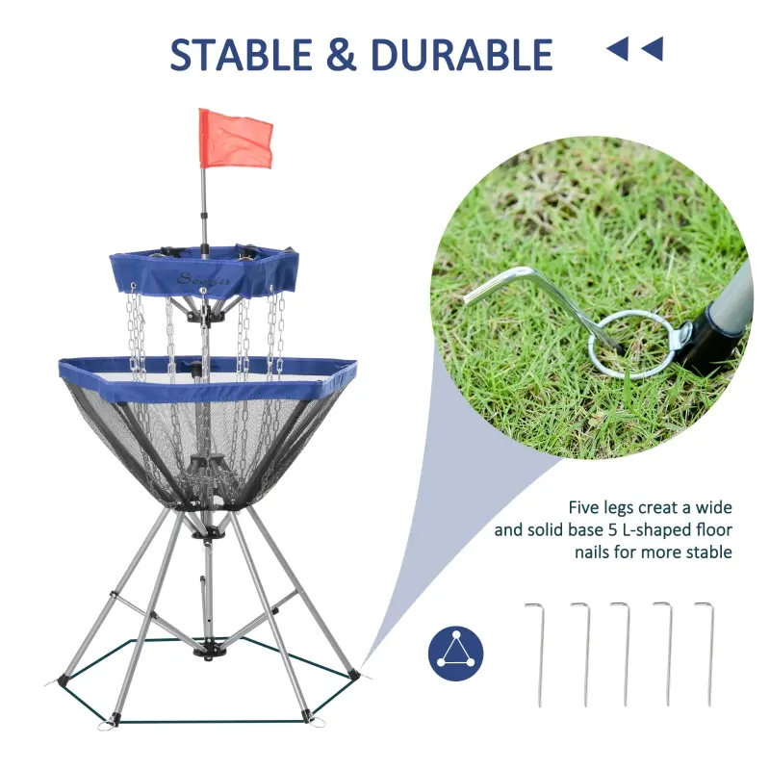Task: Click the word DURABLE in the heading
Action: coord(461,55)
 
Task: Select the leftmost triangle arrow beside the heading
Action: coord(617,47)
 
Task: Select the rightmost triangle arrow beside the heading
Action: coord(653,47)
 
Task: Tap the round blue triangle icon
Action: coord(455,652)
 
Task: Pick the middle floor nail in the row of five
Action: coord(623,654)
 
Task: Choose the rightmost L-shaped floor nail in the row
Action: coord(707,654)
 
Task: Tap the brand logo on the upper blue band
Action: coord(196,279)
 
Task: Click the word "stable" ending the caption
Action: coord(710,552)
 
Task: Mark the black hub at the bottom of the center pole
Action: coord(203,651)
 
